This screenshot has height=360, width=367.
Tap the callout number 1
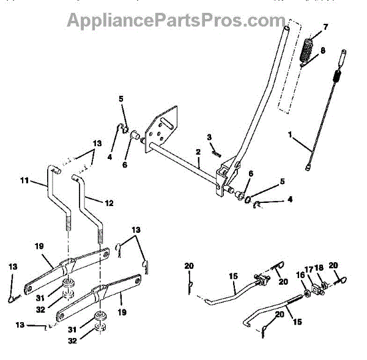coord(291,133)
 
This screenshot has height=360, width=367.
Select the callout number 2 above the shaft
coord(198,152)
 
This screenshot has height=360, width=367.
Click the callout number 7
coord(325,27)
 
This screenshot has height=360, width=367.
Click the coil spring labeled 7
coord(308,50)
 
